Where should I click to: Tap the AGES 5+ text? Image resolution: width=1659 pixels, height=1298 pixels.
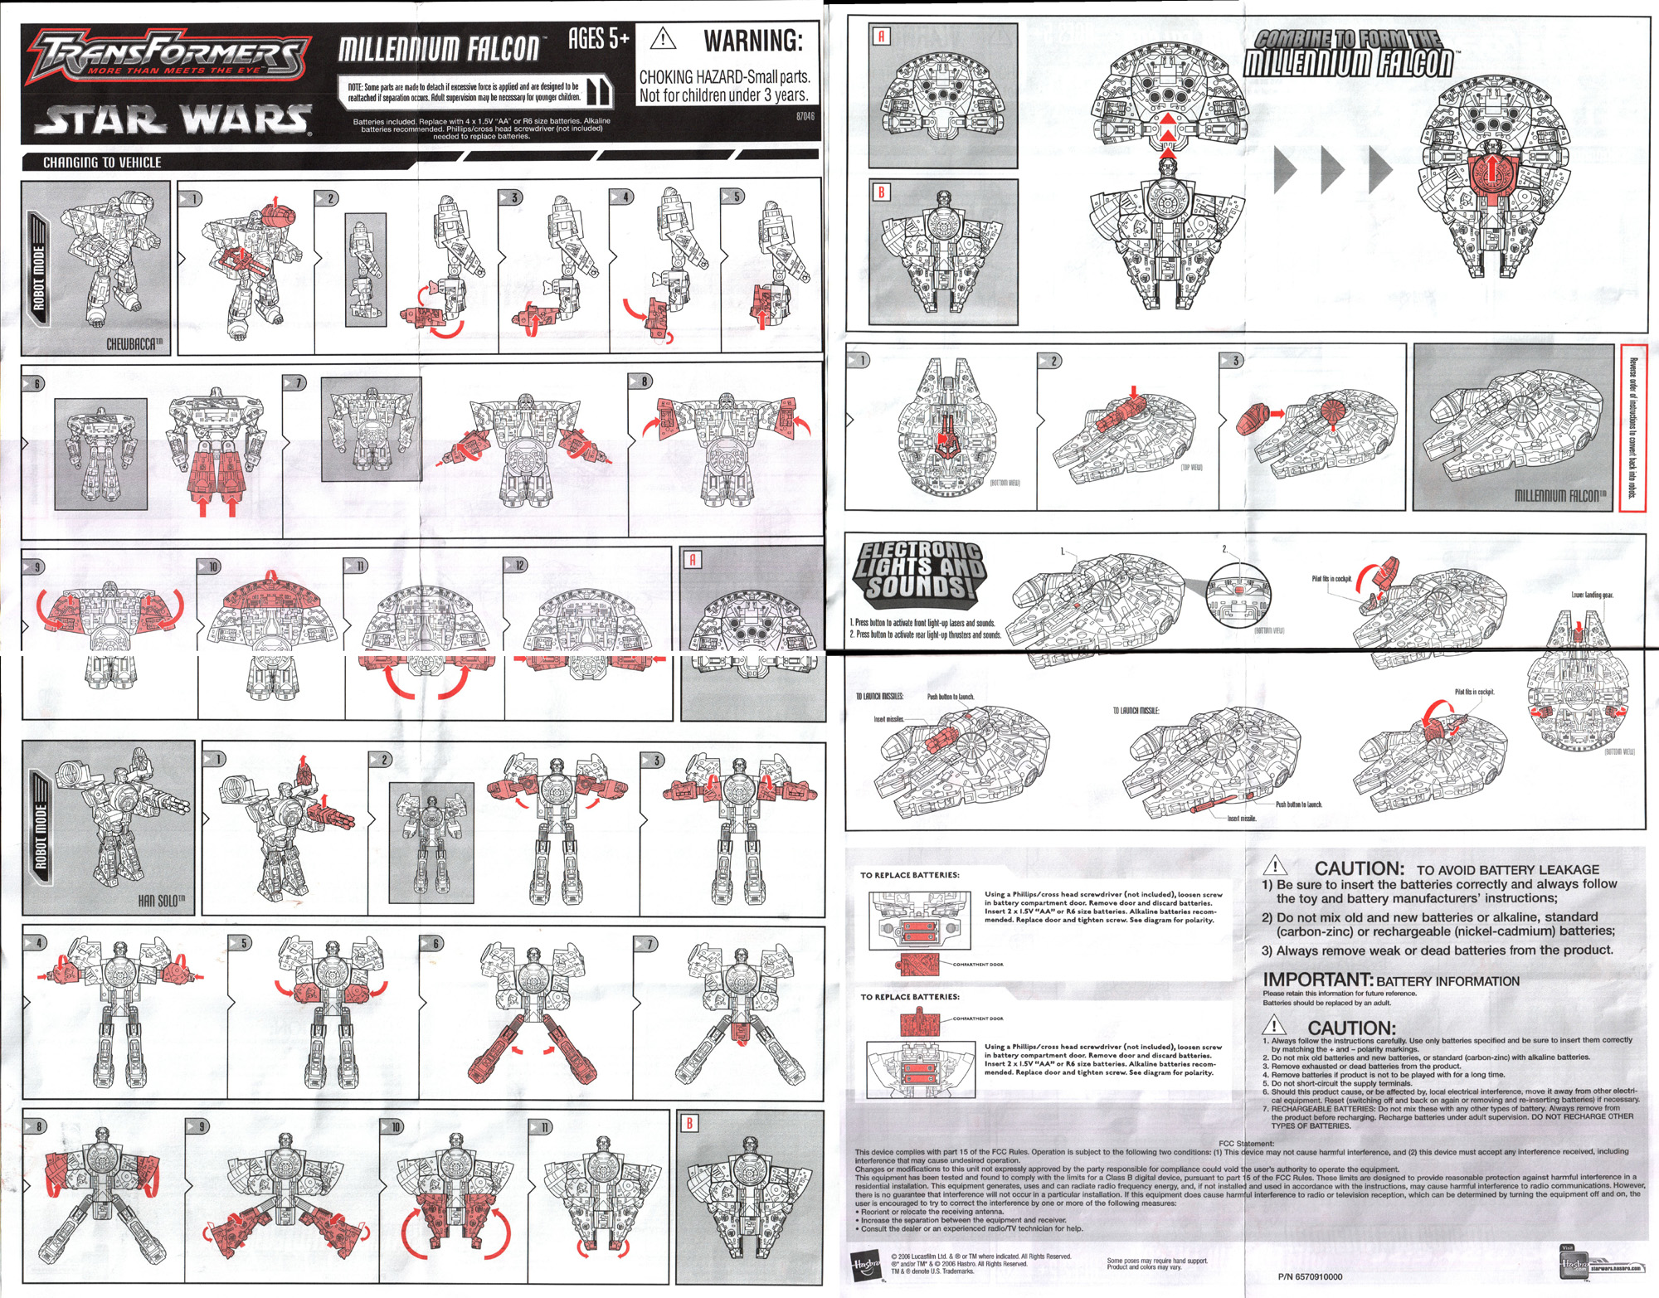598,38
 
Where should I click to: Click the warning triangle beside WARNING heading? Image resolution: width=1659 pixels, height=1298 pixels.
663,39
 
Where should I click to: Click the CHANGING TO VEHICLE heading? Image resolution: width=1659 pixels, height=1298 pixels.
102,163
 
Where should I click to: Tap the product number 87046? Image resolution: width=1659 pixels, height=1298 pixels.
805,116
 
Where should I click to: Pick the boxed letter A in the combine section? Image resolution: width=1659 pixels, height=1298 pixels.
881,36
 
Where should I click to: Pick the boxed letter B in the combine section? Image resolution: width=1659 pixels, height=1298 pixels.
881,192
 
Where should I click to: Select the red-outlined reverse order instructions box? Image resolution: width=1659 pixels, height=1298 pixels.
1632,428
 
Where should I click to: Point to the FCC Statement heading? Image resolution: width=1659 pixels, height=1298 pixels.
1246,1143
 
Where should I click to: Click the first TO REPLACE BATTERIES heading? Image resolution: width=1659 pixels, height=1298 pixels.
909,875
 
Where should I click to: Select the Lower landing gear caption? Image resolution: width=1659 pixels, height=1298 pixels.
1592,595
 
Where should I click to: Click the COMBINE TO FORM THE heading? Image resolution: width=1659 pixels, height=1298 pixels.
1348,38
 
